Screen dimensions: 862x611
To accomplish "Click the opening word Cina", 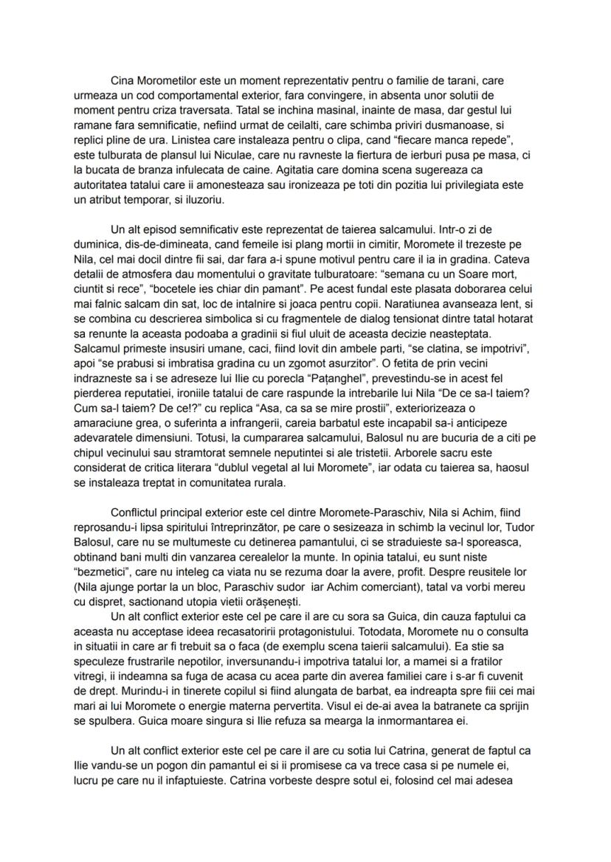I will point(122,80).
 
